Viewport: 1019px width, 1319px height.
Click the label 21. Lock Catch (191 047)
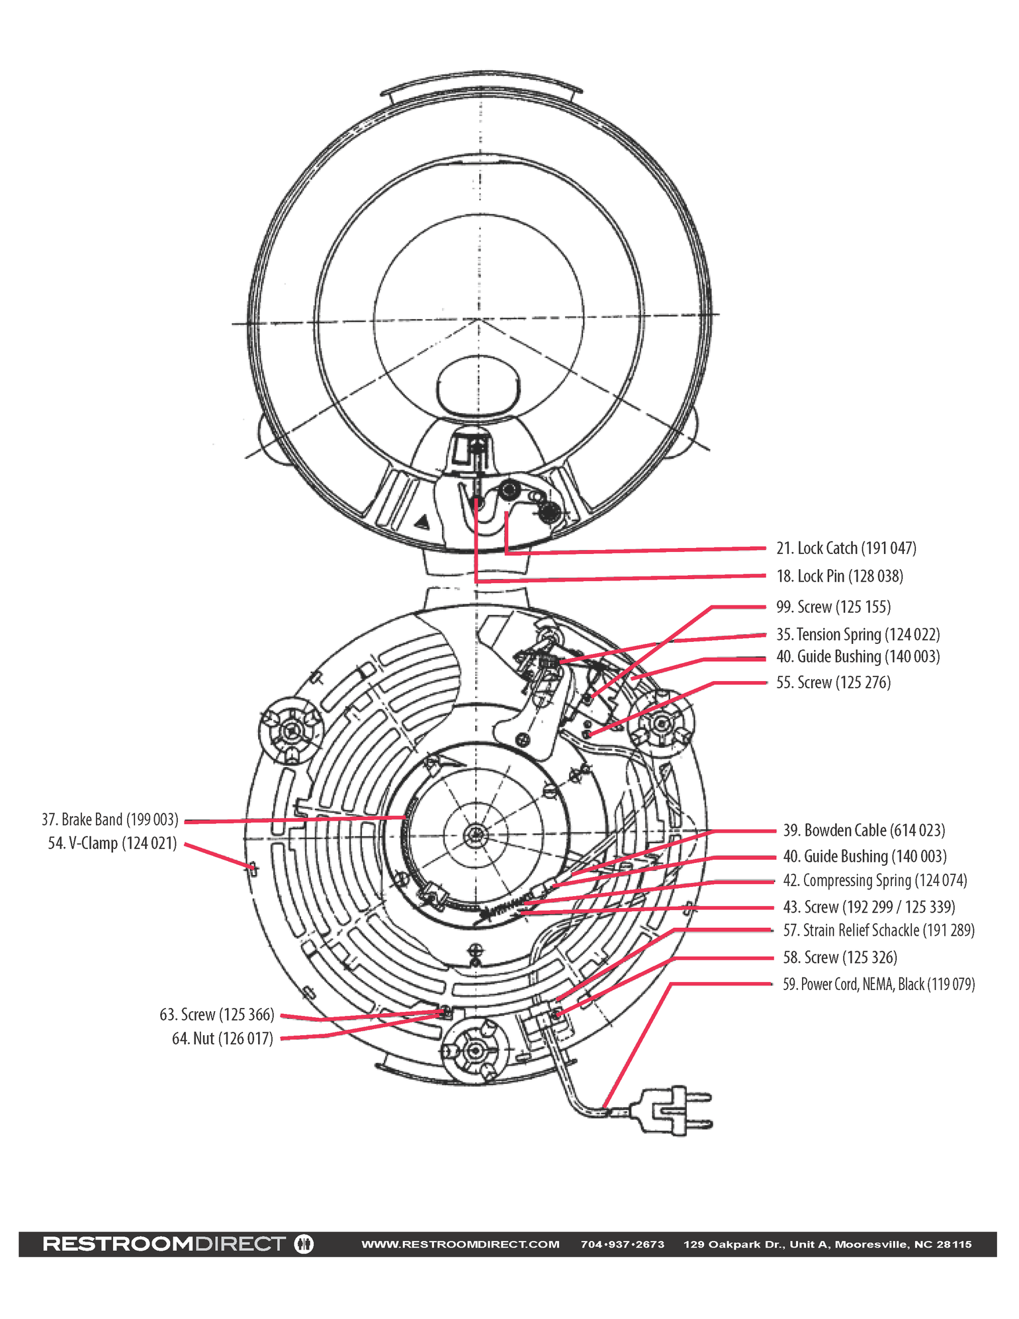pyautogui.click(x=846, y=548)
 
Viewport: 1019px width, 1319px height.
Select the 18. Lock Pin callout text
pyautogui.click(x=839, y=576)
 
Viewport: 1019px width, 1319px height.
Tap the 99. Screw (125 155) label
pyautogui.click(x=833, y=607)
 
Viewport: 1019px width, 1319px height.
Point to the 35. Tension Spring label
pyautogui.click(x=858, y=635)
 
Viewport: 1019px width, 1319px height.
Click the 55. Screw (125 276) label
pyautogui.click(x=833, y=682)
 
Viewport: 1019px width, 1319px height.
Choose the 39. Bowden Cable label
pyautogui.click(x=864, y=831)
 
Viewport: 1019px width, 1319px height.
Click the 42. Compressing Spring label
pyautogui.click(x=875, y=881)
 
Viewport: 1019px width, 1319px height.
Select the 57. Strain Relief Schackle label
pyautogui.click(x=879, y=931)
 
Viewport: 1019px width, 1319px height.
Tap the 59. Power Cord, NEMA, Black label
pyautogui.click(x=879, y=984)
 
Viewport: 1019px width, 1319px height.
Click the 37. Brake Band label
pyautogui.click(x=110, y=820)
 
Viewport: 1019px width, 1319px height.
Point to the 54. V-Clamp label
pyautogui.click(x=112, y=844)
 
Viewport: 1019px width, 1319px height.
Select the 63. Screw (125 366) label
pyautogui.click(x=216, y=1015)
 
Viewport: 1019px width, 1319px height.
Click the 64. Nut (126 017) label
pyautogui.click(x=222, y=1038)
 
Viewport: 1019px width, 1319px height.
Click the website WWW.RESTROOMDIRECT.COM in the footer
pyautogui.click(x=460, y=1244)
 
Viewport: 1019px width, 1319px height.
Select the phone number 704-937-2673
pyautogui.click(x=622, y=1244)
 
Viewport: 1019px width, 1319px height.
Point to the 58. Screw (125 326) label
pyautogui.click(x=840, y=958)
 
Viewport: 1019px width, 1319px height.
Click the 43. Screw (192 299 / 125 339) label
pyautogui.click(x=869, y=907)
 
